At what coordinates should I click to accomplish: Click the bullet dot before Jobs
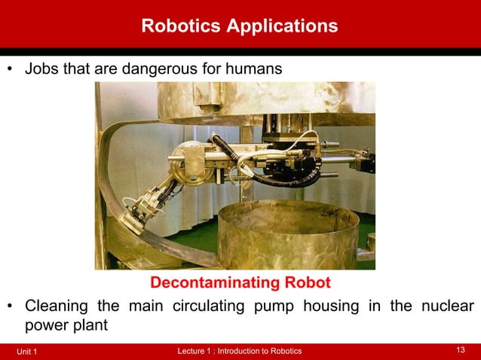[11, 69]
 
